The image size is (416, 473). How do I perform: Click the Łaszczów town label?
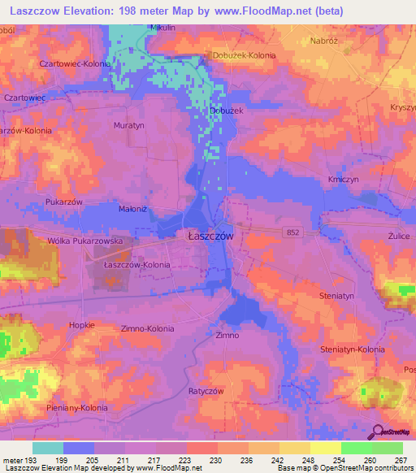pos(206,236)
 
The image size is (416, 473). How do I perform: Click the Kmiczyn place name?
pos(344,178)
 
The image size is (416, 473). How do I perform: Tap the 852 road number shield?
pos(293,232)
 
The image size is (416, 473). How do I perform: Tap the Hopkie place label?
pos(82,324)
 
